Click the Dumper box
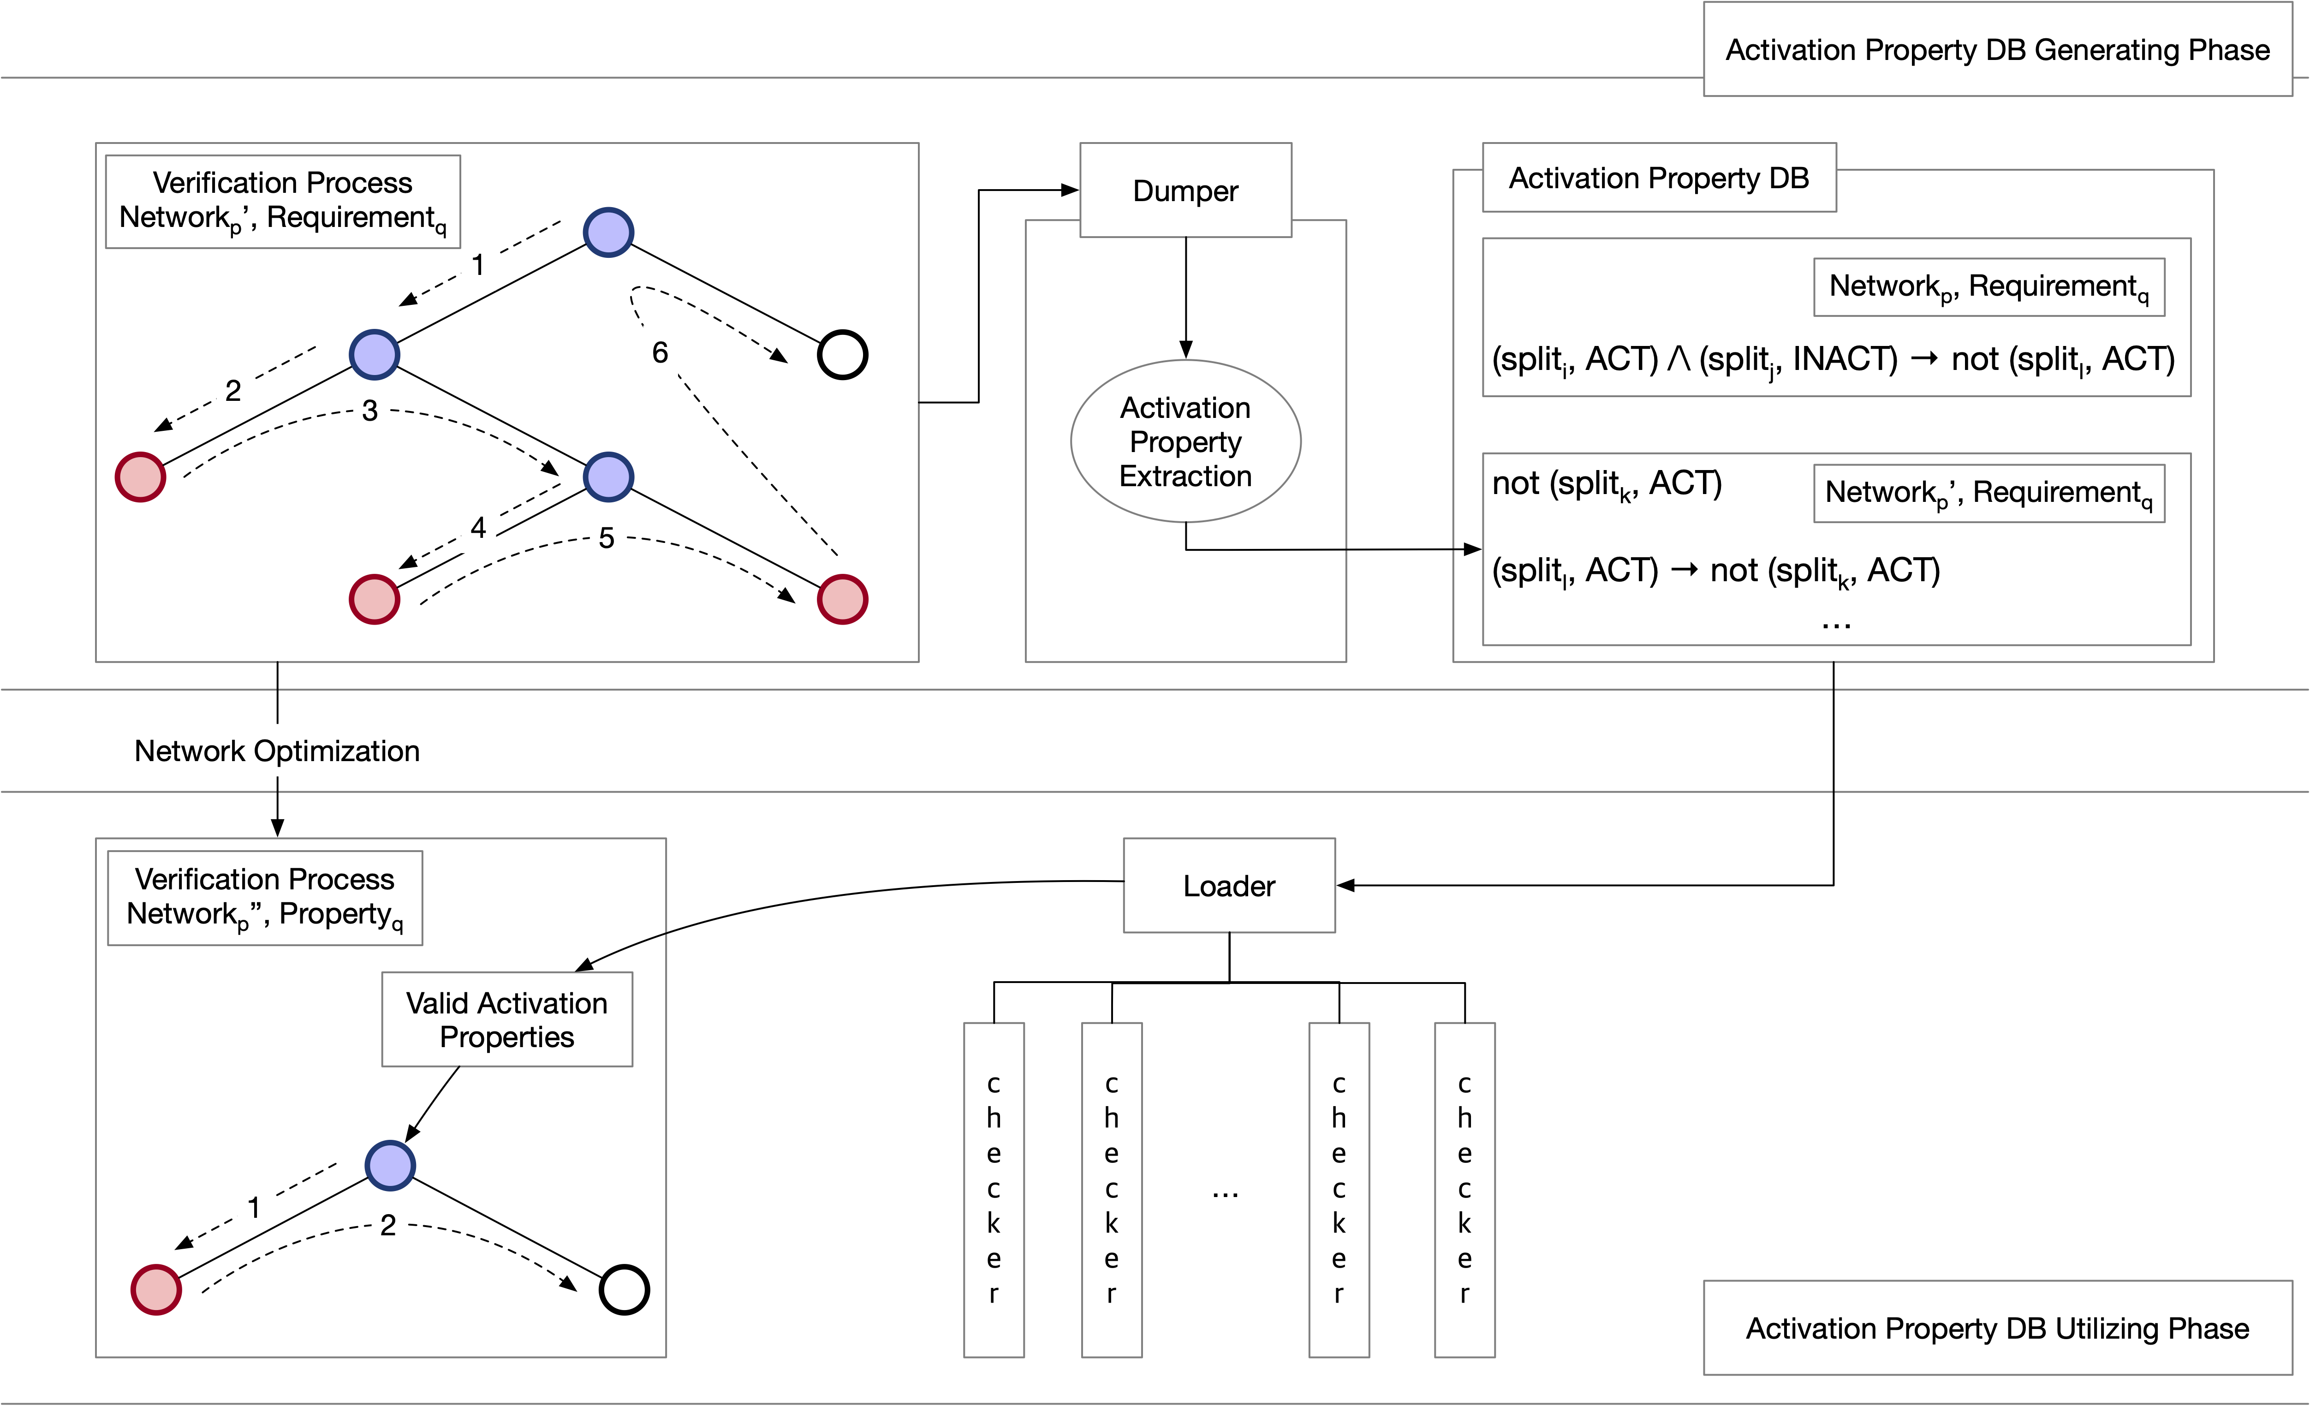point(1185,190)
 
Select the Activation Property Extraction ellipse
point(1185,441)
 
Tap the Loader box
point(1228,886)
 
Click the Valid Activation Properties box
point(506,1020)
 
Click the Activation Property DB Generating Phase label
point(1997,50)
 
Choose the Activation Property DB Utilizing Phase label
point(1997,1328)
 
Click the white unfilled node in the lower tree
point(624,1290)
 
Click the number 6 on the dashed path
point(660,352)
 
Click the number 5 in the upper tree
point(607,538)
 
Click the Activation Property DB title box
point(1658,178)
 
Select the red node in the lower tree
point(155,1290)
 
